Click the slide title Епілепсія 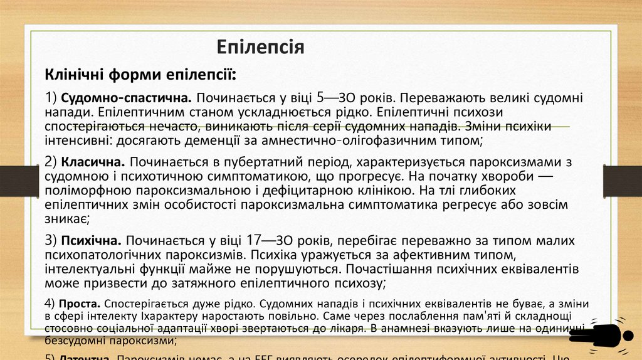coord(260,47)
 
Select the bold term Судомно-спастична coord(127,98)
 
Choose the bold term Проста coord(78,302)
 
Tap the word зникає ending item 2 coord(66,219)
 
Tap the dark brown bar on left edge coord(11,175)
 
